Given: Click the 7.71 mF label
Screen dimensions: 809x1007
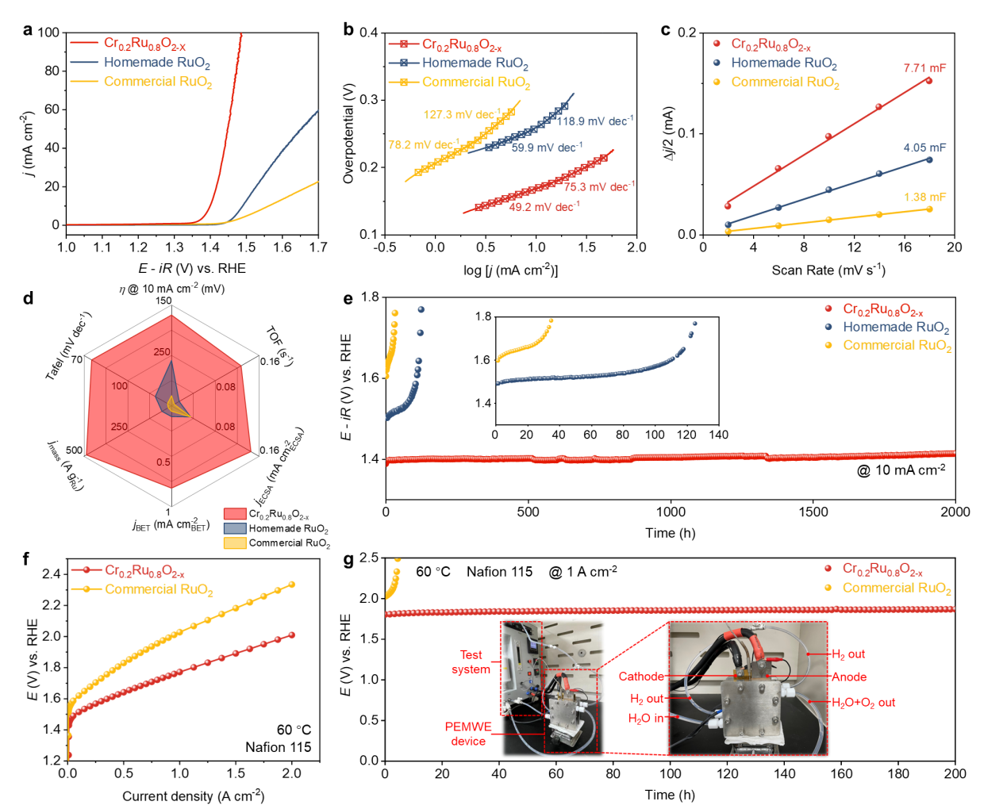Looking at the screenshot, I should tap(924, 68).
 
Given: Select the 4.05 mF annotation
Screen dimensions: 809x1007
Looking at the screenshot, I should tap(924, 148).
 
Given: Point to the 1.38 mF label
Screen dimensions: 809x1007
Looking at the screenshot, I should tap(924, 197).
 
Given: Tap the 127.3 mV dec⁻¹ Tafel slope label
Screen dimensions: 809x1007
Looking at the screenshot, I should tap(462, 115).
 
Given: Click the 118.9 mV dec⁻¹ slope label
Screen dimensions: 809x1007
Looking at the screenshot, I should tap(595, 121).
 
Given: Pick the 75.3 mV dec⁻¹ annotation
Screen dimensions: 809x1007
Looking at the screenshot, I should tap(599, 187).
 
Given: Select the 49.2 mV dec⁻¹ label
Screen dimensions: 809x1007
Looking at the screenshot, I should tap(544, 207).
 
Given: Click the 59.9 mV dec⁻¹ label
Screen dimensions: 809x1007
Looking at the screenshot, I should tap(547, 148).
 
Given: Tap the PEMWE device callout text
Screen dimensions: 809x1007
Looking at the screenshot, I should tap(468, 734).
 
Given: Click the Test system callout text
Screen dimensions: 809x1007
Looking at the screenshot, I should tap(471, 662).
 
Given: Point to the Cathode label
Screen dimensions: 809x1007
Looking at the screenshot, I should tap(641, 677).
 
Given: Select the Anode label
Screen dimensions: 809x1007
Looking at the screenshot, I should tap(849, 677).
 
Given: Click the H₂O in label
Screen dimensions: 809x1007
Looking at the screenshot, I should tap(645, 719).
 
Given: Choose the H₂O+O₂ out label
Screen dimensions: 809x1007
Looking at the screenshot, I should tap(863, 703).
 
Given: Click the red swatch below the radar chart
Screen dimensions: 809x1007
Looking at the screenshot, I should tap(235, 514).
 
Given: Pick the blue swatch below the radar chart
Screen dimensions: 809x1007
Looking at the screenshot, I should tap(235, 528).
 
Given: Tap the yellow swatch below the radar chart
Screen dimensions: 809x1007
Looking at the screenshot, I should tap(235, 543).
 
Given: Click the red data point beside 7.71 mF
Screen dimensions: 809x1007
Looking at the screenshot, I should tap(929, 81).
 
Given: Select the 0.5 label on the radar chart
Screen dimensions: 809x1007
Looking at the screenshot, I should tap(163, 462).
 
